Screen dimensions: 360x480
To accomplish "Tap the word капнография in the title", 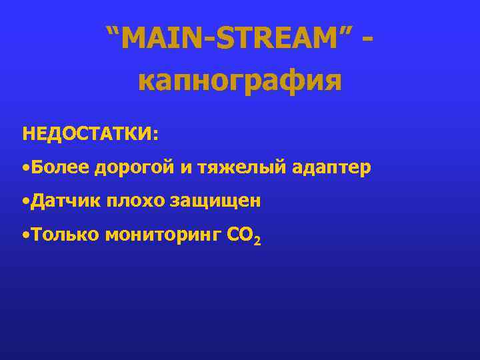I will pos(239,81).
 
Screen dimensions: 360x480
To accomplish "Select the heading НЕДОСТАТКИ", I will pos(87,133).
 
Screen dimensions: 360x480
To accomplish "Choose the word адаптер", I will pos(331,167).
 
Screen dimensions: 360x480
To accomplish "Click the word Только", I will pos(64,233).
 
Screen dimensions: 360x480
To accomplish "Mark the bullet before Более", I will pos(25,167).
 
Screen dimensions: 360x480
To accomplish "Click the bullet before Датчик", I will pos(25,201).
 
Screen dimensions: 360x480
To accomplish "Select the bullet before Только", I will pos(25,234).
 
